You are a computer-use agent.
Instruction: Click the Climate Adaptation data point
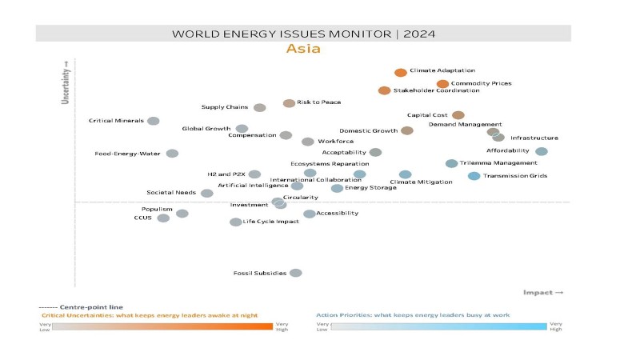click(x=400, y=72)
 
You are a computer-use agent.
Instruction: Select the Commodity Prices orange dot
click(x=442, y=84)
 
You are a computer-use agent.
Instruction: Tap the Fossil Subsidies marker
click(x=295, y=273)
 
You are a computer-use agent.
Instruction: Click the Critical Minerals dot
click(x=153, y=121)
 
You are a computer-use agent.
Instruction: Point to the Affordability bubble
click(x=542, y=151)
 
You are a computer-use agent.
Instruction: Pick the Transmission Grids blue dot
click(x=474, y=176)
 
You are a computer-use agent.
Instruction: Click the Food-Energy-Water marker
click(x=172, y=154)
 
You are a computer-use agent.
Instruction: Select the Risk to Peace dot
click(x=289, y=103)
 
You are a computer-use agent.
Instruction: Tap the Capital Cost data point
click(x=458, y=115)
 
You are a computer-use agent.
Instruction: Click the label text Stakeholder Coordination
click(x=436, y=90)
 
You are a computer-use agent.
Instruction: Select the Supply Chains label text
click(x=225, y=107)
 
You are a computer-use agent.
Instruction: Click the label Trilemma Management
click(x=498, y=163)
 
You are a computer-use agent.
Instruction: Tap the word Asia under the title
click(x=303, y=50)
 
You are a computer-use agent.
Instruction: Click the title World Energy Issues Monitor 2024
click(x=303, y=34)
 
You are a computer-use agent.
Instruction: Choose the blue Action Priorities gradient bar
click(x=439, y=326)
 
